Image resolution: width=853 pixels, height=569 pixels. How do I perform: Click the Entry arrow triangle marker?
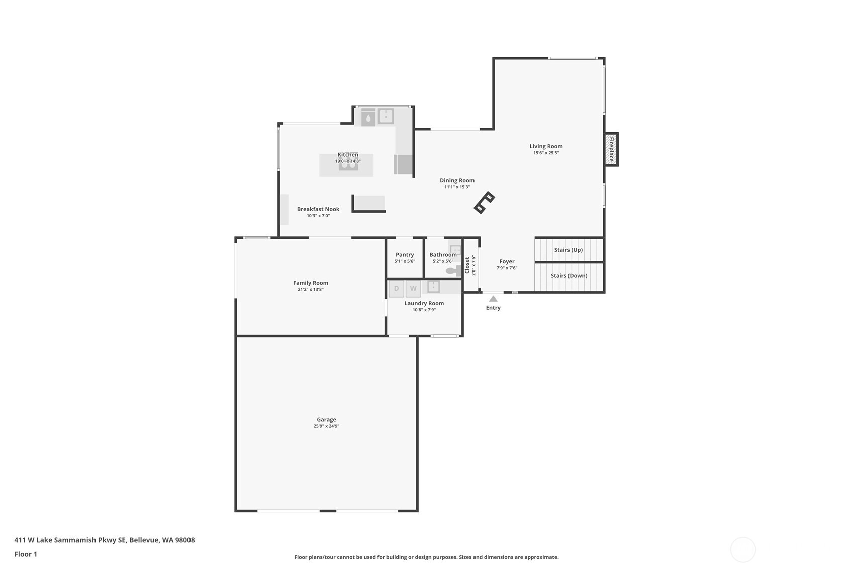coord(493,299)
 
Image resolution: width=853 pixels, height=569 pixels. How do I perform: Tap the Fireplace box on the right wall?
coord(611,149)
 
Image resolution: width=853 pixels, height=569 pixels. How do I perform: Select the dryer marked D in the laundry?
coord(396,289)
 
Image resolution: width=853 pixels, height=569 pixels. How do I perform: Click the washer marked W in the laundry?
coord(413,289)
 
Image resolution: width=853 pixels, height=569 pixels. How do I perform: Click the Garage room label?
coord(326,419)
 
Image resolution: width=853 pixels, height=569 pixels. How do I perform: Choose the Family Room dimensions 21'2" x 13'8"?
coord(310,290)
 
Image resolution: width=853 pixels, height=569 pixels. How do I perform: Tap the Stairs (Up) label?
coord(568,250)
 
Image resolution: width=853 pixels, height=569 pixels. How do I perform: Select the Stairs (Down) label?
coord(568,276)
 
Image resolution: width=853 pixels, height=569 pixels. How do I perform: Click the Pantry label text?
coord(405,255)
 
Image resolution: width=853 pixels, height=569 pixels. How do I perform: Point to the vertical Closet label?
coord(467,265)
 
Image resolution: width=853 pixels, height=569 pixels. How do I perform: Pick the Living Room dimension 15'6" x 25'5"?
coord(546,153)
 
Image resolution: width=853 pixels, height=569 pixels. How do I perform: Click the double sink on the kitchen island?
coord(348,165)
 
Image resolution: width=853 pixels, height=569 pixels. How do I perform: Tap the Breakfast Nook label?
coord(318,209)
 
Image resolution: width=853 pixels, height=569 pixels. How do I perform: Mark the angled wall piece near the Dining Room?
coord(485,202)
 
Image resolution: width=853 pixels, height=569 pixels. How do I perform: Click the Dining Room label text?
coord(457,180)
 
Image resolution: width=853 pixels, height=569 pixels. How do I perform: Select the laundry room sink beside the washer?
coord(433,287)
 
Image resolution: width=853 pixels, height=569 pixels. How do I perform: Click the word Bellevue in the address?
coord(144,540)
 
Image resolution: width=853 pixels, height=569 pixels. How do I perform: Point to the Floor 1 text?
coord(26,554)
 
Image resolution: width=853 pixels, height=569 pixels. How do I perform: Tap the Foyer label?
coord(507,261)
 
